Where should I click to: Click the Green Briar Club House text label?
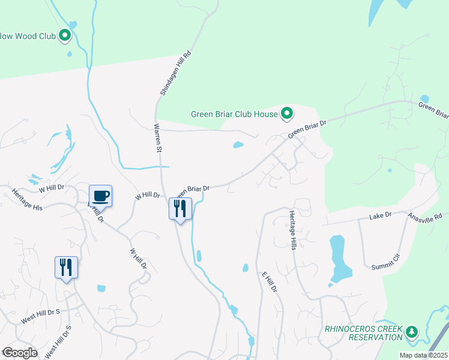(234, 113)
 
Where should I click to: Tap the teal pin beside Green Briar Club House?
(287, 113)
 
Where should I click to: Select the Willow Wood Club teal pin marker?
(65, 36)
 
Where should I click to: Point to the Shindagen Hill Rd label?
(176, 74)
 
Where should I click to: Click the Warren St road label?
(157, 139)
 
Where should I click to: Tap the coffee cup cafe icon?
(100, 196)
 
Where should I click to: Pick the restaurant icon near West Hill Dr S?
(66, 267)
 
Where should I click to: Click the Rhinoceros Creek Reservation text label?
(363, 333)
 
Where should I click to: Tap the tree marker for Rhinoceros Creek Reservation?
(412, 332)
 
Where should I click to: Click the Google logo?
(19, 352)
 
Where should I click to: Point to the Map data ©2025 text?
(424, 355)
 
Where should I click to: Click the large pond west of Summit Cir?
(339, 259)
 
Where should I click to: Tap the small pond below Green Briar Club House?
(238, 145)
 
